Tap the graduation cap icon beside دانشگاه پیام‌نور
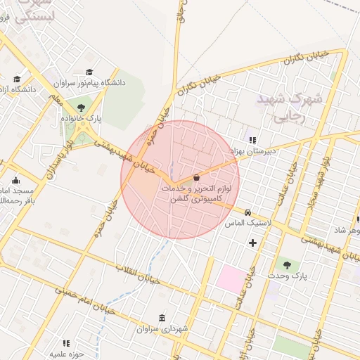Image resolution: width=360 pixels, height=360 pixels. coord(89,72)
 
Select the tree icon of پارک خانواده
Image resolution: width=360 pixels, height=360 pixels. coord(82,108)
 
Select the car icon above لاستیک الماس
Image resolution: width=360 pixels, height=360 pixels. coord(247,212)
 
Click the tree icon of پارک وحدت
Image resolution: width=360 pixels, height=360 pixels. coord(287,264)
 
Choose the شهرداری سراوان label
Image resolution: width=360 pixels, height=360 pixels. coord(162,328)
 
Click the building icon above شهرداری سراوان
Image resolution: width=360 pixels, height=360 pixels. coord(162,317)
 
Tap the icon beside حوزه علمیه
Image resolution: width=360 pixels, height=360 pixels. coord(66,343)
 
